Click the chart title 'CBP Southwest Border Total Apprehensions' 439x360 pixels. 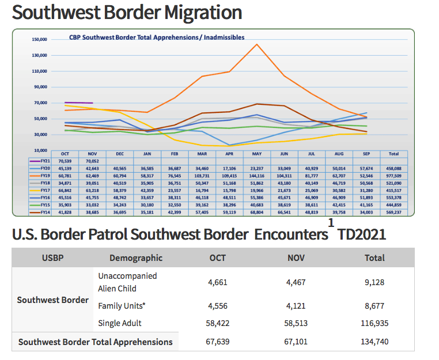click(157, 37)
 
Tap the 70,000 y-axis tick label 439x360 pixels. click(40, 103)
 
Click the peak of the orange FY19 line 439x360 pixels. click(256, 44)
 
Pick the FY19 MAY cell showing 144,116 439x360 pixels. click(256, 175)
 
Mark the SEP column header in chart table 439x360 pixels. click(367, 154)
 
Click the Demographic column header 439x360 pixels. click(136, 258)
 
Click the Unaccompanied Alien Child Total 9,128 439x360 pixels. click(374, 282)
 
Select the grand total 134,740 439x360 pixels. click(374, 342)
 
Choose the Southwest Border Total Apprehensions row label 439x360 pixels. click(95, 342)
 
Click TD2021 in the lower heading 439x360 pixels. click(362, 234)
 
